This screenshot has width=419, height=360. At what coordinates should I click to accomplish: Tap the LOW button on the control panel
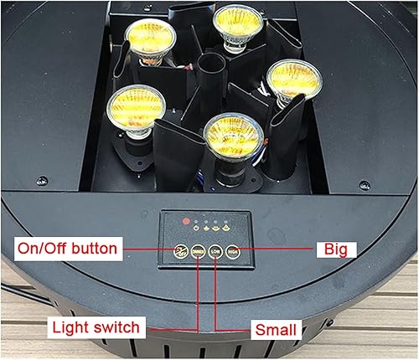click(217, 248)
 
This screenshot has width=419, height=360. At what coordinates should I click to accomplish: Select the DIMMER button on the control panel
click(199, 248)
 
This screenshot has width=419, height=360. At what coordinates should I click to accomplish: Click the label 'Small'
click(275, 330)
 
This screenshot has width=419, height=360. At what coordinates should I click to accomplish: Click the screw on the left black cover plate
click(41, 178)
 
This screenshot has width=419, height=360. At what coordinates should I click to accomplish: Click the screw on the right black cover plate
click(362, 185)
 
